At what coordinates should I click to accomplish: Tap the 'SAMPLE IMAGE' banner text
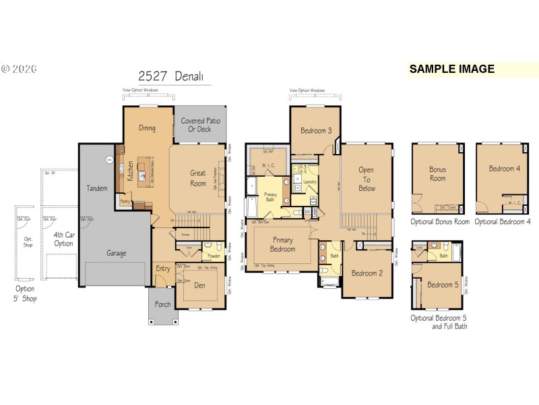(x=451, y=69)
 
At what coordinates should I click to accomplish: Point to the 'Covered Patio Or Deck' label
(x=201, y=125)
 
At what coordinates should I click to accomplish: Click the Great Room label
(x=197, y=178)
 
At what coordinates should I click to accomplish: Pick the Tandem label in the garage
(x=97, y=188)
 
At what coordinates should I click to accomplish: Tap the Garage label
(x=116, y=253)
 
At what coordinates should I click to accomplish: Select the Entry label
(x=163, y=269)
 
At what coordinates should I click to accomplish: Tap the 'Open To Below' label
(x=366, y=180)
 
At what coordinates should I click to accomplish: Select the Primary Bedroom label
(x=282, y=244)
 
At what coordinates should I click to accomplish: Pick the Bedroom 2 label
(x=367, y=273)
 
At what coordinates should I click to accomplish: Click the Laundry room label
(x=311, y=182)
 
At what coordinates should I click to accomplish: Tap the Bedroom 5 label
(x=443, y=285)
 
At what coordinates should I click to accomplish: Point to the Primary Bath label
(x=269, y=196)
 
